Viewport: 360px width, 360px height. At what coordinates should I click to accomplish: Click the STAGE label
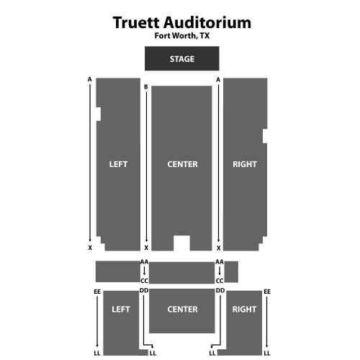[182, 59]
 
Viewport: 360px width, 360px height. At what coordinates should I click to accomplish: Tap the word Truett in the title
[136, 22]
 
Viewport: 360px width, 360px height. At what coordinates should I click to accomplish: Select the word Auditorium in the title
[207, 22]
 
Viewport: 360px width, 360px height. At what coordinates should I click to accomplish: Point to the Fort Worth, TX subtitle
[182, 36]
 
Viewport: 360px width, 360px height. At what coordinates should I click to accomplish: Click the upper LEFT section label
[118, 164]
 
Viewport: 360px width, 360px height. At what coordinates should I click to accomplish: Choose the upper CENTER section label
[182, 164]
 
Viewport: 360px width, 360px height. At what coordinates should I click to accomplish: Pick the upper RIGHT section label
[245, 164]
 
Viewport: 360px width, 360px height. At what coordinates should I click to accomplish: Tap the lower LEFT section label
[121, 309]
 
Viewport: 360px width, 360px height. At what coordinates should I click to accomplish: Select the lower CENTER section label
[182, 309]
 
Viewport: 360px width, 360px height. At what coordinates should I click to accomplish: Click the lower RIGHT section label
[244, 309]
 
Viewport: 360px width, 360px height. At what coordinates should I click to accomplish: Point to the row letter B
[146, 87]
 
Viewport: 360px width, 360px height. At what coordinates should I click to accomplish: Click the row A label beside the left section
[90, 79]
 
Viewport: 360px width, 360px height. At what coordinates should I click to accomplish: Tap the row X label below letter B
[146, 248]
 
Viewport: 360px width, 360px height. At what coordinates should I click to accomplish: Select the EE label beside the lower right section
[267, 292]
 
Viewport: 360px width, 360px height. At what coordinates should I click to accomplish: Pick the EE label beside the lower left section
[97, 292]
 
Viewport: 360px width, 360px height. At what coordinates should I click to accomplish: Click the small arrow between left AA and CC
[144, 271]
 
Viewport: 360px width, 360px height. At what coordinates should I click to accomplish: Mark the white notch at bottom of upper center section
[181, 243]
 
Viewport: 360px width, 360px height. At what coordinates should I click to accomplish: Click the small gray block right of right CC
[231, 272]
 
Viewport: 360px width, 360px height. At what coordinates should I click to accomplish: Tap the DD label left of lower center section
[144, 290]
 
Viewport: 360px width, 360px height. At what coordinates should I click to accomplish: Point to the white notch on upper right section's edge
[265, 136]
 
